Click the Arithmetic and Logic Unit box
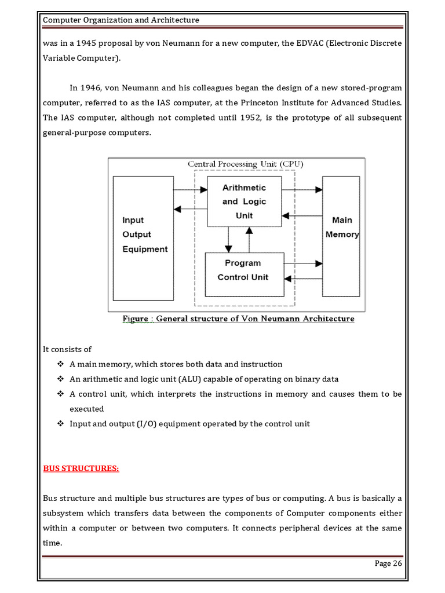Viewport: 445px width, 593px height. click(x=244, y=202)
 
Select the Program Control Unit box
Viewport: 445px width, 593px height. click(x=243, y=270)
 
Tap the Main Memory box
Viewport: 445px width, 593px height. click(x=341, y=228)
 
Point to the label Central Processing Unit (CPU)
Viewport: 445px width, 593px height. click(x=245, y=164)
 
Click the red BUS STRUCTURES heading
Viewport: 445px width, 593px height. click(x=81, y=468)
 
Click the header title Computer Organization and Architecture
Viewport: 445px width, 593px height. click(x=121, y=20)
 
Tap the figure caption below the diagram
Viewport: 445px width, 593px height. click(x=238, y=319)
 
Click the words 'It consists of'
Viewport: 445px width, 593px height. click(x=67, y=350)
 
